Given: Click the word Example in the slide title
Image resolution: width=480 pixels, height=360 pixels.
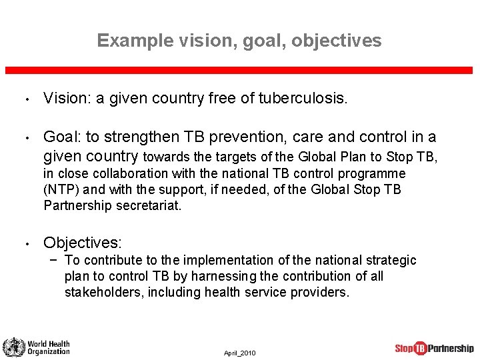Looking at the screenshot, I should [x=135, y=41].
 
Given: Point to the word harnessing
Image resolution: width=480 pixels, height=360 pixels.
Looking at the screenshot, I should [x=212, y=276].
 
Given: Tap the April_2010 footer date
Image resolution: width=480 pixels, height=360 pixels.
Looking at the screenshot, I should [x=239, y=353].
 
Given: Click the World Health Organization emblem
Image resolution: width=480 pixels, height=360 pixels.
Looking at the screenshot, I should [x=13, y=347].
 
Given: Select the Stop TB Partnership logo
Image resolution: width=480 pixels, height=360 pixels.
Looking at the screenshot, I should [x=434, y=348].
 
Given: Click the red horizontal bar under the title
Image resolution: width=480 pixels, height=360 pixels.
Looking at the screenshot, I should [x=240, y=70].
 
